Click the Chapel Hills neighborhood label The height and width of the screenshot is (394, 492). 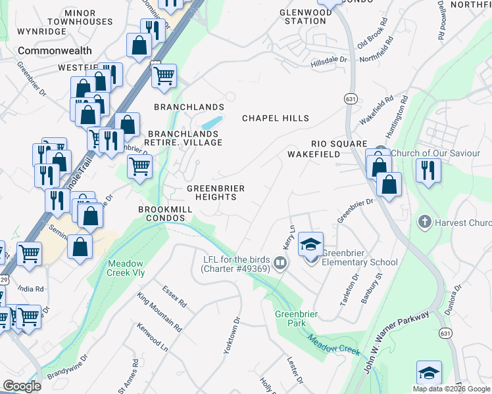276,118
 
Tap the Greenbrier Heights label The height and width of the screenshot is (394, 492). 216,193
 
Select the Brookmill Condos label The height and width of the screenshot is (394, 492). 166,213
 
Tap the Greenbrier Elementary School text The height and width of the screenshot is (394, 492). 359,262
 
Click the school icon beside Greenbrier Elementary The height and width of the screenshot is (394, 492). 311,245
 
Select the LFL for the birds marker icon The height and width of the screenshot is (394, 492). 280,263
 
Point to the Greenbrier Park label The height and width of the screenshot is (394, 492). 296,318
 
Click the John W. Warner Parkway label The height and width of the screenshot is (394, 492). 397,341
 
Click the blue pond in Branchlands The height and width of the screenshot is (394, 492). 211,123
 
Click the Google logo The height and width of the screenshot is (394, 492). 22,386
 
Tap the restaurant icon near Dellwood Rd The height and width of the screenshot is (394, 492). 428,171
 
